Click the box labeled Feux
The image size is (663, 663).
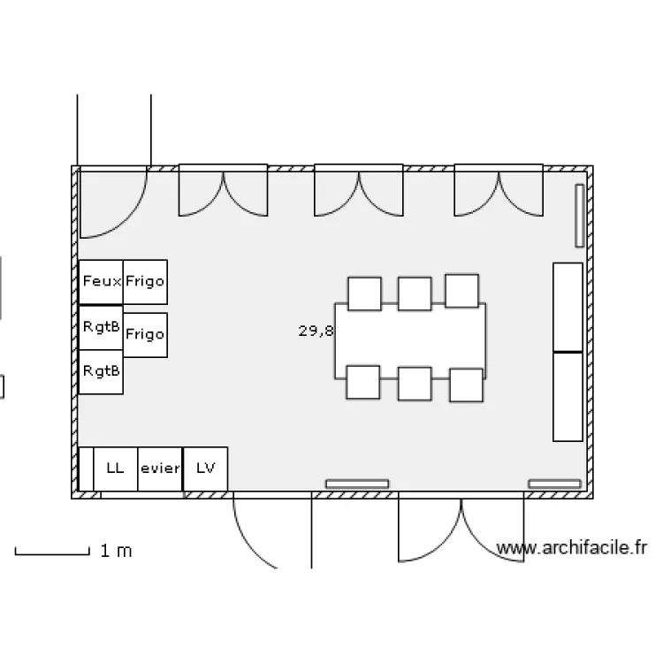click(101, 282)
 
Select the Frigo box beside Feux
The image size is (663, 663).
click(145, 282)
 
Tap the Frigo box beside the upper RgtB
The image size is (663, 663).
click(145, 335)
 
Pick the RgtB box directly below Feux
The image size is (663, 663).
click(101, 328)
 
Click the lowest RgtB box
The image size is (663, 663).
click(101, 372)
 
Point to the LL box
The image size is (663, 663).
click(116, 469)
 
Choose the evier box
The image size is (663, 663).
click(160, 469)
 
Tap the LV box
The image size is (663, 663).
click(205, 469)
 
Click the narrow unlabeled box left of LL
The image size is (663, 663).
click(87, 469)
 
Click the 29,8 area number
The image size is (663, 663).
click(316, 331)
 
